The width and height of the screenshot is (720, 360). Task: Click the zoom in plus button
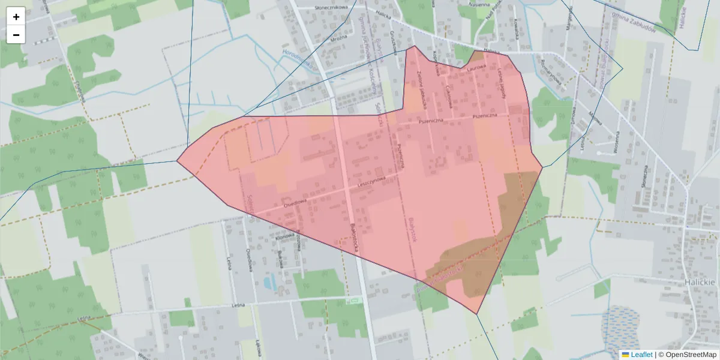(x=16, y=17)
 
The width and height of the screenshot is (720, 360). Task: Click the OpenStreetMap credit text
(x=691, y=355)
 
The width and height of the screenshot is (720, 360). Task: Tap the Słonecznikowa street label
(x=331, y=7)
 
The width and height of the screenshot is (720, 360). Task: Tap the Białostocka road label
(x=354, y=239)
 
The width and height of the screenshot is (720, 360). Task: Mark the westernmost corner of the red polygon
(x=177, y=161)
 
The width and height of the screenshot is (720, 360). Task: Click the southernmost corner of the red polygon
(x=477, y=314)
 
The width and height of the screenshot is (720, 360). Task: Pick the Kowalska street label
(x=515, y=31)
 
